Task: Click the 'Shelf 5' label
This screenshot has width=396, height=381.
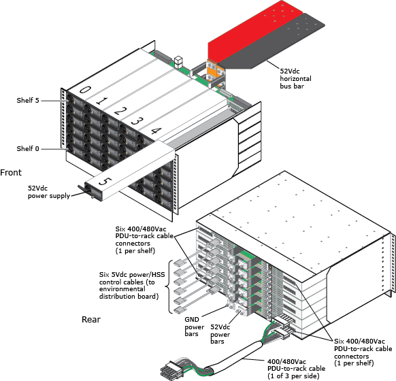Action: pyautogui.click(x=28, y=101)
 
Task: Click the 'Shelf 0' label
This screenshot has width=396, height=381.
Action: pyautogui.click(x=28, y=148)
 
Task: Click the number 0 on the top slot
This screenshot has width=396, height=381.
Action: pyautogui.click(x=85, y=90)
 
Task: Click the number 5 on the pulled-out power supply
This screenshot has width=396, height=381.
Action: pyautogui.click(x=103, y=182)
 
